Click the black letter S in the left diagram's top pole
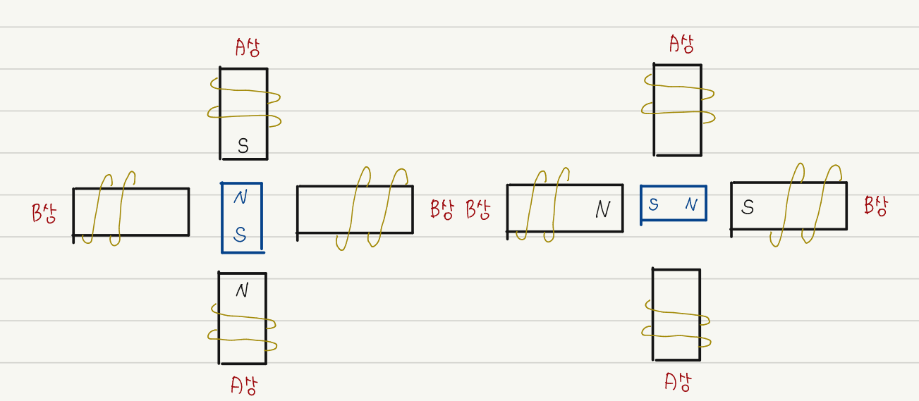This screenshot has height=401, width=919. coord(243,146)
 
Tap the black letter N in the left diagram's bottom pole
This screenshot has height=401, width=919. coord(242,290)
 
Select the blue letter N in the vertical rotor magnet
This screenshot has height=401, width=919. coord(241,198)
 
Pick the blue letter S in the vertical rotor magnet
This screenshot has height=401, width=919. coord(240,235)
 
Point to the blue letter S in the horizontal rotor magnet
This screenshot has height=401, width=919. coord(654,205)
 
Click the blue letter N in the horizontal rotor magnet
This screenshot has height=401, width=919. coord(691,205)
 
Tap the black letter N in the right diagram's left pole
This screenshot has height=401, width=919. coord(602,209)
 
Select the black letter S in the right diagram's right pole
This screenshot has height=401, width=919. coord(748,207)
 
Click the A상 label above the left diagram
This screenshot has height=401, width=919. coord(248,48)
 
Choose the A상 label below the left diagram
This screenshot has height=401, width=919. coord(244,385)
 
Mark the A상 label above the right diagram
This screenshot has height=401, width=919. coord(681,44)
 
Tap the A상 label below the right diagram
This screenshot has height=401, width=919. coord(678,382)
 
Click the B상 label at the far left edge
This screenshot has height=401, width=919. coord(44,213)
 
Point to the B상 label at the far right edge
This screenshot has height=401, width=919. coord(876,206)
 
